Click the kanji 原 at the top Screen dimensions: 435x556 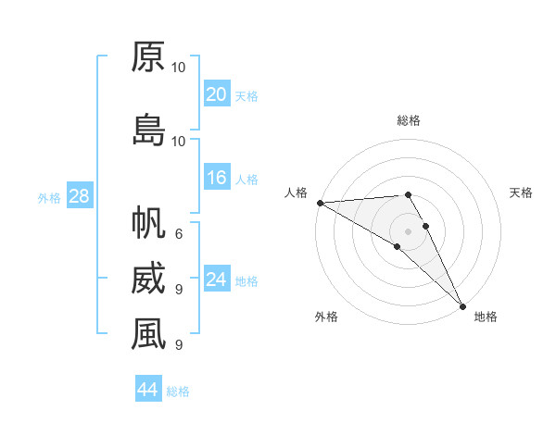click(x=148, y=57)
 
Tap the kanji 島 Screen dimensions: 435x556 click(x=148, y=130)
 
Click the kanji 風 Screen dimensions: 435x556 click(x=148, y=335)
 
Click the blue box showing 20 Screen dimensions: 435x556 click(x=216, y=94)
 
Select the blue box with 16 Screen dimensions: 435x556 click(x=216, y=179)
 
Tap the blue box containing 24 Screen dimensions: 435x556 click(x=216, y=280)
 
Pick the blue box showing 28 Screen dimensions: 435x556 click(x=79, y=196)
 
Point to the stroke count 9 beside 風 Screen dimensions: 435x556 click(x=179, y=344)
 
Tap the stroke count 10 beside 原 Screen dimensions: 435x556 click(x=179, y=68)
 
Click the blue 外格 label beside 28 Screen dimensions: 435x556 click(x=49, y=197)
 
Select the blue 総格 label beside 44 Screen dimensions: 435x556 click(x=178, y=391)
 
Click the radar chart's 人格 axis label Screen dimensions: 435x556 click(x=296, y=193)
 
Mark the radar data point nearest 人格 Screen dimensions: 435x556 click(x=320, y=203)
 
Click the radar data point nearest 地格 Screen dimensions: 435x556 click(x=462, y=306)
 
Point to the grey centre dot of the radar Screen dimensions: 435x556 click(x=408, y=230)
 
